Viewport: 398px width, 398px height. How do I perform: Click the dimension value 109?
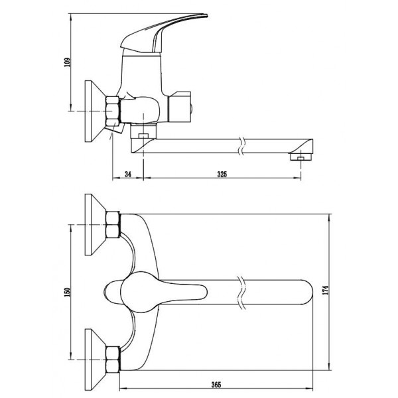click(67, 62)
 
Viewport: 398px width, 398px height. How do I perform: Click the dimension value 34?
click(128, 174)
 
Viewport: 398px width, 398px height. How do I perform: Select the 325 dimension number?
click(222, 174)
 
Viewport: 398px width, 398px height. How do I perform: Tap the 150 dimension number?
click(67, 292)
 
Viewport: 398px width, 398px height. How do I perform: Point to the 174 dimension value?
click(326, 290)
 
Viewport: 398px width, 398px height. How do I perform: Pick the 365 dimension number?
click(216, 385)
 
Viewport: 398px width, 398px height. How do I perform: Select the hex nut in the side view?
click(113, 111)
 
